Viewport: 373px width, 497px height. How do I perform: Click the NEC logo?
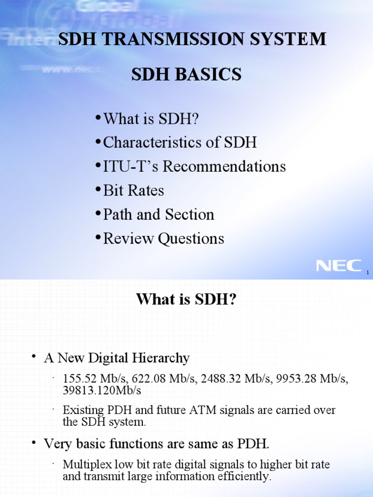(x=339, y=265)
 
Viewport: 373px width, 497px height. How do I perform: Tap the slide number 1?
(x=368, y=273)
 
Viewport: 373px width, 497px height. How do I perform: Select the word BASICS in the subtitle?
(x=214, y=74)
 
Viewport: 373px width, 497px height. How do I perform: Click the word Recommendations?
(x=224, y=166)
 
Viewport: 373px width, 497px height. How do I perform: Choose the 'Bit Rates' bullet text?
(x=134, y=190)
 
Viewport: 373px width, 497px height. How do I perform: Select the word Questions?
(x=194, y=238)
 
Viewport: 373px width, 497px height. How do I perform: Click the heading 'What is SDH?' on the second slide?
(x=186, y=299)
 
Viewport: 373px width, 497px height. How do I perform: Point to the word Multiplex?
(x=85, y=464)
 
